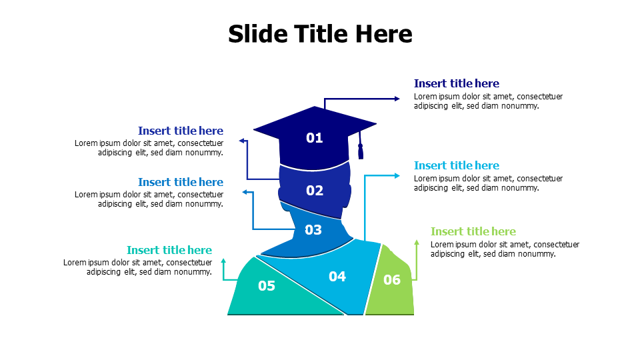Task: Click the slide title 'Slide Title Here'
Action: [x=320, y=33]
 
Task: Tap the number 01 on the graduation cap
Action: [x=315, y=138]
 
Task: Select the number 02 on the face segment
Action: [x=315, y=191]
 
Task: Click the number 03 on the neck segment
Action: [x=313, y=230]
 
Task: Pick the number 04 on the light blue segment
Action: [x=337, y=276]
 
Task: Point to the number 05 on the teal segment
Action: [x=267, y=286]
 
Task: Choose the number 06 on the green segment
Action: [x=392, y=280]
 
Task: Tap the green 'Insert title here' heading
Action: [x=473, y=231]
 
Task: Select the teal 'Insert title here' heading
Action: [x=169, y=250]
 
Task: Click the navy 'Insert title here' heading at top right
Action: [x=456, y=83]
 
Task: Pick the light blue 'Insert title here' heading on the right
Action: [x=456, y=165]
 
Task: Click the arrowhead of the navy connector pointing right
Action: [x=397, y=99]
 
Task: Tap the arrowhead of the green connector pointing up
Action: [x=416, y=242]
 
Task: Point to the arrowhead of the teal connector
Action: [x=223, y=261]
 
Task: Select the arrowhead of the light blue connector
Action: [x=397, y=175]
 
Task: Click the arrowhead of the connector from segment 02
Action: [x=242, y=141]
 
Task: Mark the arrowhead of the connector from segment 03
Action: [x=244, y=192]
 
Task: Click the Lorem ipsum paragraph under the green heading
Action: [x=505, y=249]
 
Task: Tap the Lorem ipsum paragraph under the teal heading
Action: [x=138, y=267]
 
